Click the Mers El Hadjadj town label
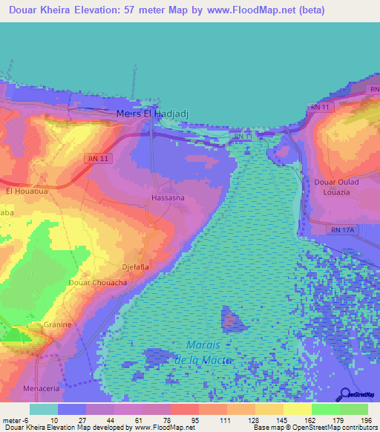point(154,114)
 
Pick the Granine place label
point(58,324)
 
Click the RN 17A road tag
point(344,230)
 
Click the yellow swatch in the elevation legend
point(297,409)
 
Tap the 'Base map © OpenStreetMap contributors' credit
point(315,428)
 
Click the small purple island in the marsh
point(233,321)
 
